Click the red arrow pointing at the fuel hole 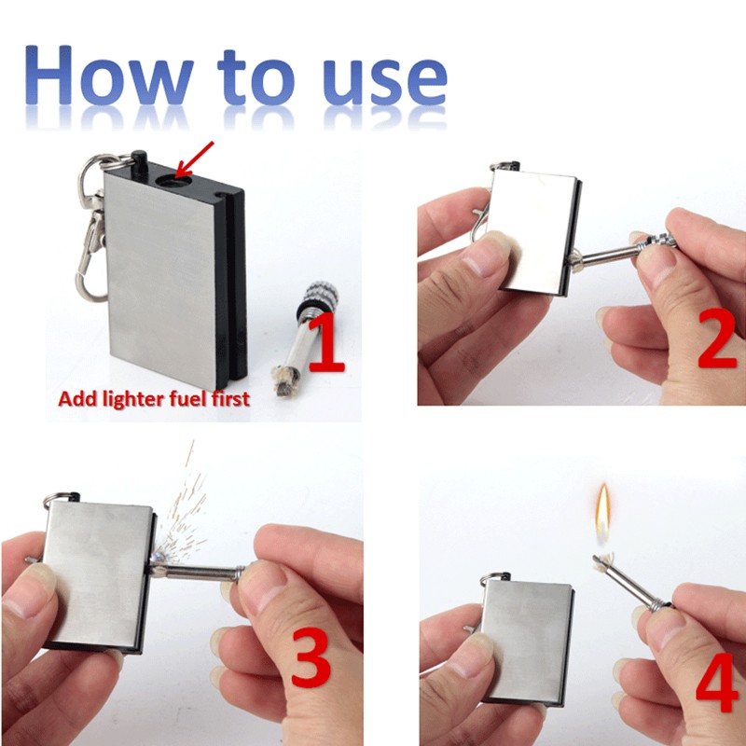tap(195, 156)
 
